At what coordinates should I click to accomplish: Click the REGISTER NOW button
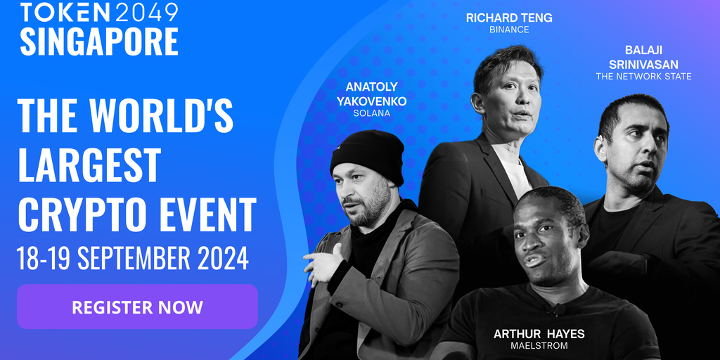click(x=137, y=307)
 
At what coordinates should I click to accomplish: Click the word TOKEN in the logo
click(x=65, y=13)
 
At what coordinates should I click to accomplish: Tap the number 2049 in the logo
click(x=146, y=13)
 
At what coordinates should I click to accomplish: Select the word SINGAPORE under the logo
click(x=99, y=41)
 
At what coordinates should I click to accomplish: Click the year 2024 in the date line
click(x=223, y=259)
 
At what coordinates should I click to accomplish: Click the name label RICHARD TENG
click(x=509, y=18)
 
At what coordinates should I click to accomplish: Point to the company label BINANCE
click(x=509, y=30)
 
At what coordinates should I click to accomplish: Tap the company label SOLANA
click(x=371, y=113)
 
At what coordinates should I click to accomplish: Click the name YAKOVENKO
click(x=371, y=101)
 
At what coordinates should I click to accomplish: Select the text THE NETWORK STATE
click(x=644, y=77)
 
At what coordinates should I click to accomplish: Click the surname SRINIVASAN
click(x=644, y=64)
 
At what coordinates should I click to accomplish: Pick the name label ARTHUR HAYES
click(x=539, y=334)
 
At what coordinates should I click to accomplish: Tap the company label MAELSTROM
click(x=539, y=346)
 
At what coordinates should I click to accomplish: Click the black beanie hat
click(x=368, y=154)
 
